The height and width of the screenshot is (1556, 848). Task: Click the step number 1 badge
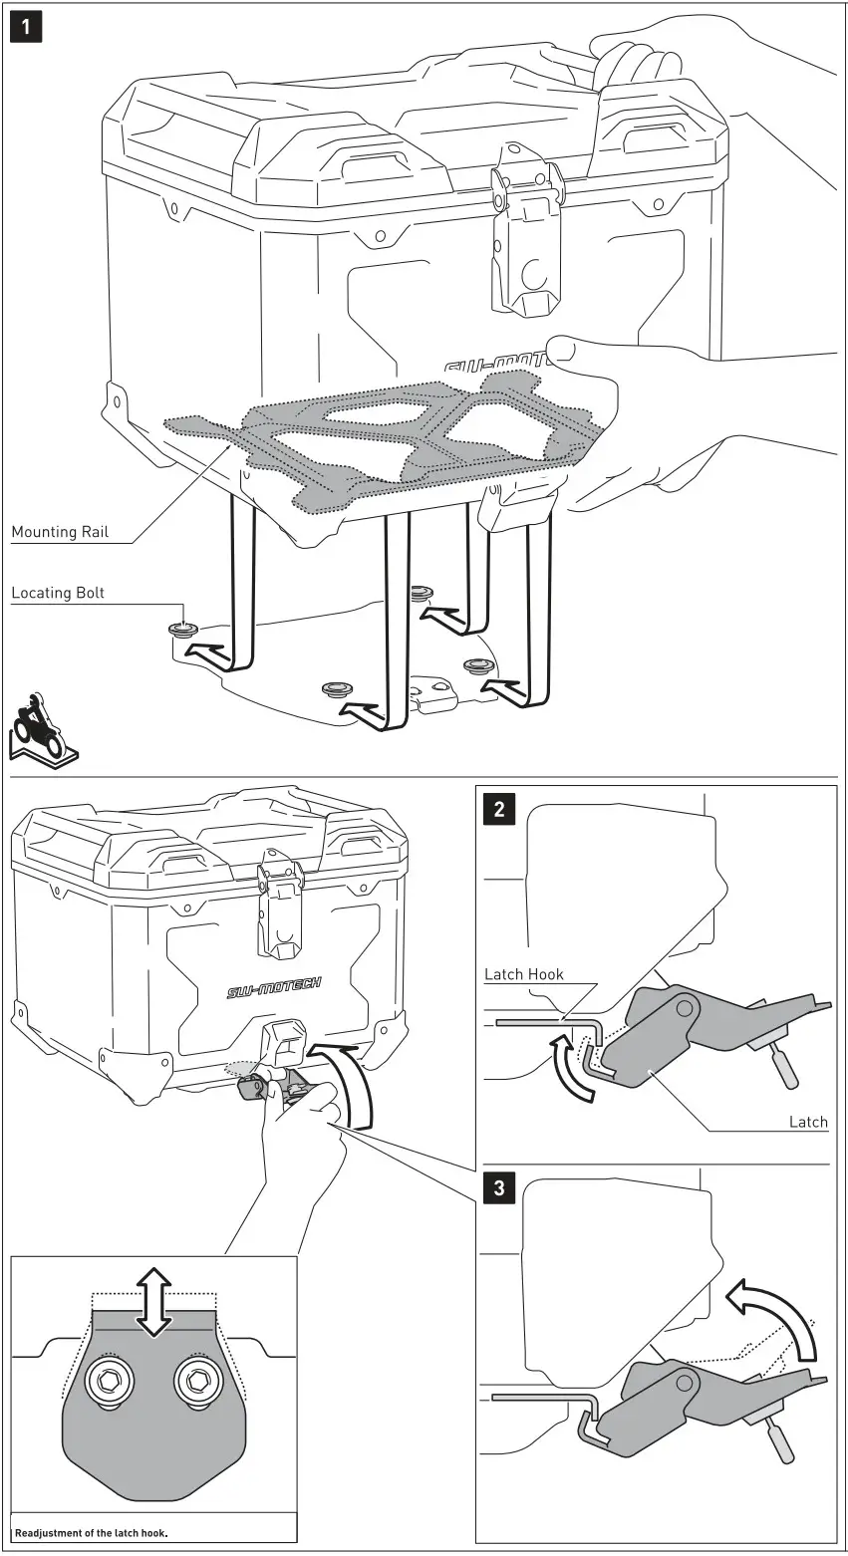click(27, 27)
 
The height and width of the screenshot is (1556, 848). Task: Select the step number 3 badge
click(499, 1188)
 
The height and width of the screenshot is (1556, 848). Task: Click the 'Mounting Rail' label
click(58, 532)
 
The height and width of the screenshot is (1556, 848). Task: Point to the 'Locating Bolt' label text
click(58, 593)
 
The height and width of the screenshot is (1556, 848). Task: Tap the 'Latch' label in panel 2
click(807, 1122)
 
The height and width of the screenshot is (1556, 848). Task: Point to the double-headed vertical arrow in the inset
click(152, 1303)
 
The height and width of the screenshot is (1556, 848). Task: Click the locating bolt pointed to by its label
click(182, 631)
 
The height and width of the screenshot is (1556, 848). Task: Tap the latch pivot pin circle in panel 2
click(685, 1009)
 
